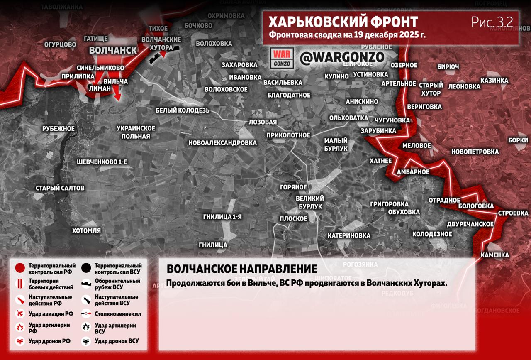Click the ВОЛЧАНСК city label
click(113, 50)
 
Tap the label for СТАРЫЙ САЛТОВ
click(60, 188)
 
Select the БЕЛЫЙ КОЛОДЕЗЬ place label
click(183, 110)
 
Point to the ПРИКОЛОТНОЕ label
click(288, 135)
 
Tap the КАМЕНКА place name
click(494, 255)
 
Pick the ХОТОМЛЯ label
click(86, 230)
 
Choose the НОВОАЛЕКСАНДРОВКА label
click(222, 143)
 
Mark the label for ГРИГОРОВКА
click(389, 204)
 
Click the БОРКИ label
click(518, 140)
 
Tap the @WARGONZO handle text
click(342, 57)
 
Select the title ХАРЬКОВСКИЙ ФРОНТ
click(343, 22)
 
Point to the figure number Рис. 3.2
click(492, 22)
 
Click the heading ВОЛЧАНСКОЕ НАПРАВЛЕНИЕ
click(241, 269)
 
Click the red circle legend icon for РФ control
click(19, 268)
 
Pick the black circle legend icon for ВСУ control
click(86, 268)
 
